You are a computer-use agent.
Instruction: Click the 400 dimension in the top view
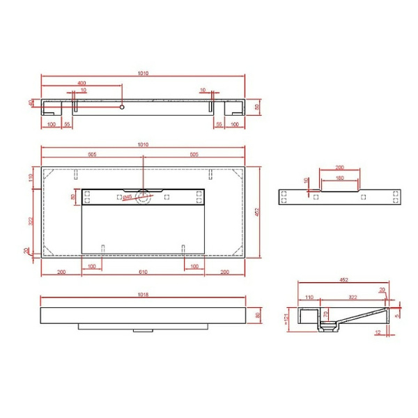tap(82, 82)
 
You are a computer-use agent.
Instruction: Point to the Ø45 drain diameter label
tap(128, 197)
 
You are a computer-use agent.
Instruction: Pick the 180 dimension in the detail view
tap(339, 178)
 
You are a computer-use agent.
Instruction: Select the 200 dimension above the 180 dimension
tap(339, 168)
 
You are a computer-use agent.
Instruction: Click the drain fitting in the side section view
tap(326, 324)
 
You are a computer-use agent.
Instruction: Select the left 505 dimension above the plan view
tap(92, 155)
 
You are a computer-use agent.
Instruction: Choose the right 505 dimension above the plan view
tap(193, 155)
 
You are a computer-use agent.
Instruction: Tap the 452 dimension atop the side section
tap(343, 280)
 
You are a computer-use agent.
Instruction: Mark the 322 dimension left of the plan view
tap(31, 221)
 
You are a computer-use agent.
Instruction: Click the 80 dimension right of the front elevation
tap(258, 316)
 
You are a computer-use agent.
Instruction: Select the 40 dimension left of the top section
tap(31, 103)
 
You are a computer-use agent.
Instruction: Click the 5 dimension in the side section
tap(396, 315)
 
